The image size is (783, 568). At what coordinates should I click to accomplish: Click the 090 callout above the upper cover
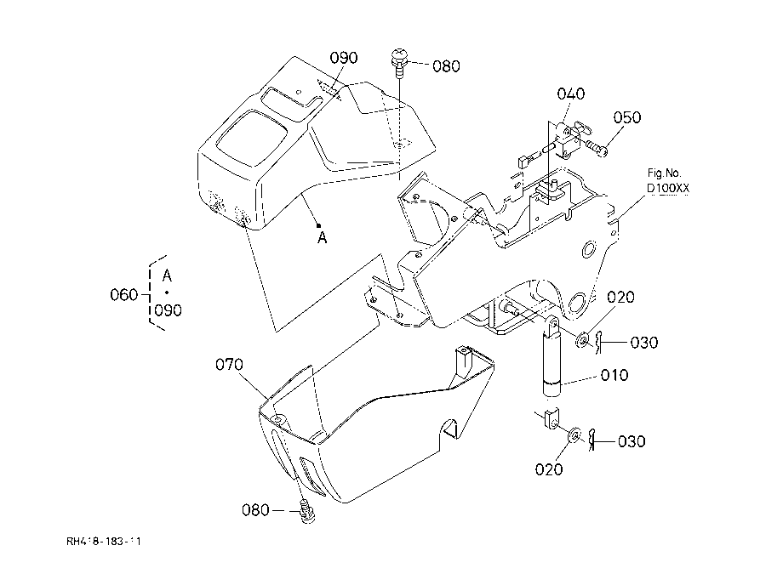tap(344, 58)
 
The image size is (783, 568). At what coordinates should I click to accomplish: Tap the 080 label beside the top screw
tap(446, 66)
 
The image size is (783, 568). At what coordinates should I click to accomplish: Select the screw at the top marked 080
tap(399, 62)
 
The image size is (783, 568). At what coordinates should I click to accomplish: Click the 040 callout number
tap(571, 94)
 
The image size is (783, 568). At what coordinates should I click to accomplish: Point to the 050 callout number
tap(626, 117)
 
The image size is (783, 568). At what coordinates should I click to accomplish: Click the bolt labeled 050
tap(597, 148)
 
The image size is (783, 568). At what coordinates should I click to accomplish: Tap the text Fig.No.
tap(664, 173)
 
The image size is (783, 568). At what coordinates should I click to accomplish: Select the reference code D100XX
tap(667, 189)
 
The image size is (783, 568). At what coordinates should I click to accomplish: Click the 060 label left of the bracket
tap(124, 295)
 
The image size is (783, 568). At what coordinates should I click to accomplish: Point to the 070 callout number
tap(229, 365)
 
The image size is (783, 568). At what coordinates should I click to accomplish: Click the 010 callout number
tap(614, 375)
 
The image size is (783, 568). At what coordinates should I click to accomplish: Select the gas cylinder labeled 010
tap(552, 358)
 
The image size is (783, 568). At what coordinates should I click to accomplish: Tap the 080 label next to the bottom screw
tap(255, 510)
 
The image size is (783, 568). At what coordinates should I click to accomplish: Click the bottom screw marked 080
tap(307, 511)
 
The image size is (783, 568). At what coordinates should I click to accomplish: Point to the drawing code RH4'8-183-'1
tap(104, 541)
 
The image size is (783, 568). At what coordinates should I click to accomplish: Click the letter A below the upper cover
tap(322, 238)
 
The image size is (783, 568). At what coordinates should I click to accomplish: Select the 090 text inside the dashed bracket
tap(168, 310)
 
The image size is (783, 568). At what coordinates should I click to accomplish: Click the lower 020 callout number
tap(549, 469)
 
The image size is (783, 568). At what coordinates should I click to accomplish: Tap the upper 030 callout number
tap(643, 343)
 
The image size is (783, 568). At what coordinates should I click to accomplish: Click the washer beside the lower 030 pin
tap(574, 435)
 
